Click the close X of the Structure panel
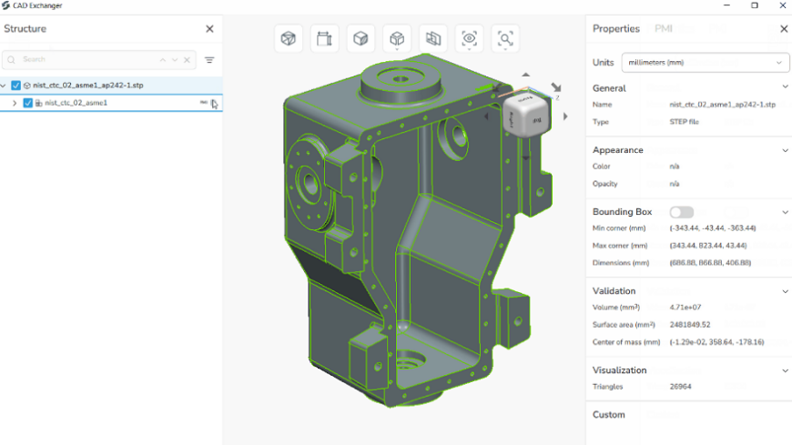pyautogui.click(x=209, y=29)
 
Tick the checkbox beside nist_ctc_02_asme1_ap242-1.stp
pyautogui.click(x=16, y=86)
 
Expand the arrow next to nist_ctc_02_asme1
pyautogui.click(x=15, y=103)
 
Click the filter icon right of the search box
pyautogui.click(x=209, y=60)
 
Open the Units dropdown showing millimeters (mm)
pyautogui.click(x=706, y=63)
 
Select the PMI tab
pyautogui.click(x=664, y=29)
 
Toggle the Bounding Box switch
pyautogui.click(x=681, y=212)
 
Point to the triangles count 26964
pyautogui.click(x=682, y=387)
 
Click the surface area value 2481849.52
pyautogui.click(x=689, y=325)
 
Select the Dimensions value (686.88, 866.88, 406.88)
pyautogui.click(x=709, y=263)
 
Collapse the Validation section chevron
pyautogui.click(x=785, y=291)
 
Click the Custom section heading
pyautogui.click(x=609, y=415)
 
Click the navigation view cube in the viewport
pyautogui.click(x=527, y=113)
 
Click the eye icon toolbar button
pyautogui.click(x=469, y=38)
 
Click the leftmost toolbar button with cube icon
pyautogui.click(x=289, y=38)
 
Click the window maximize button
pyautogui.click(x=754, y=5)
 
